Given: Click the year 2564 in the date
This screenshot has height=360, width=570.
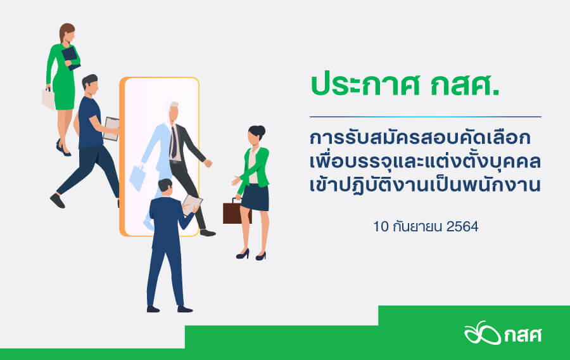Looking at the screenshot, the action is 462,226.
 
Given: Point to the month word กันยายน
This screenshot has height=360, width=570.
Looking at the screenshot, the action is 418,226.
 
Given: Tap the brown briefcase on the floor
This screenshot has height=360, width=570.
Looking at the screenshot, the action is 237,212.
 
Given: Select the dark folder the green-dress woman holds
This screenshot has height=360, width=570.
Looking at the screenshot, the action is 70,58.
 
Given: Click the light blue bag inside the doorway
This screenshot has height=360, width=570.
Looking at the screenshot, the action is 137,177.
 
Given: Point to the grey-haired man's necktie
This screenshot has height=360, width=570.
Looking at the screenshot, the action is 174,142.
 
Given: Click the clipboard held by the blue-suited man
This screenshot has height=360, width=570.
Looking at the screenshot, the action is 191,205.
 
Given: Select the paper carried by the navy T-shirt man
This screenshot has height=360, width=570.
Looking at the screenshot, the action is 111,129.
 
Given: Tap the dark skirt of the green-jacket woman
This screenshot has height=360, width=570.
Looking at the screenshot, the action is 255,198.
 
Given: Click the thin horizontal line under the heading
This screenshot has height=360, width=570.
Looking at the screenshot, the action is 426,117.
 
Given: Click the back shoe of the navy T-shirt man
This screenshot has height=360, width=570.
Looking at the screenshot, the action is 58,201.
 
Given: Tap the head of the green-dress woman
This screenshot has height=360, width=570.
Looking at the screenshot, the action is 67,34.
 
